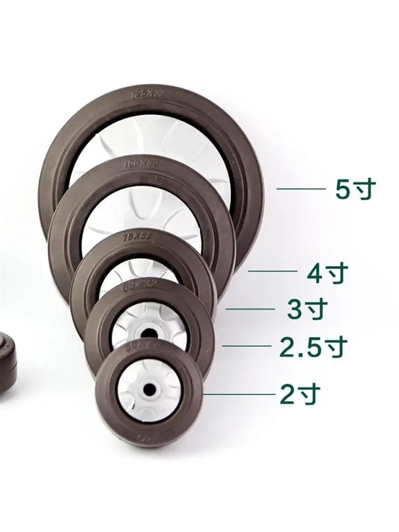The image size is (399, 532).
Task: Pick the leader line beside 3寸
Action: pyautogui.click(x=251, y=309)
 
